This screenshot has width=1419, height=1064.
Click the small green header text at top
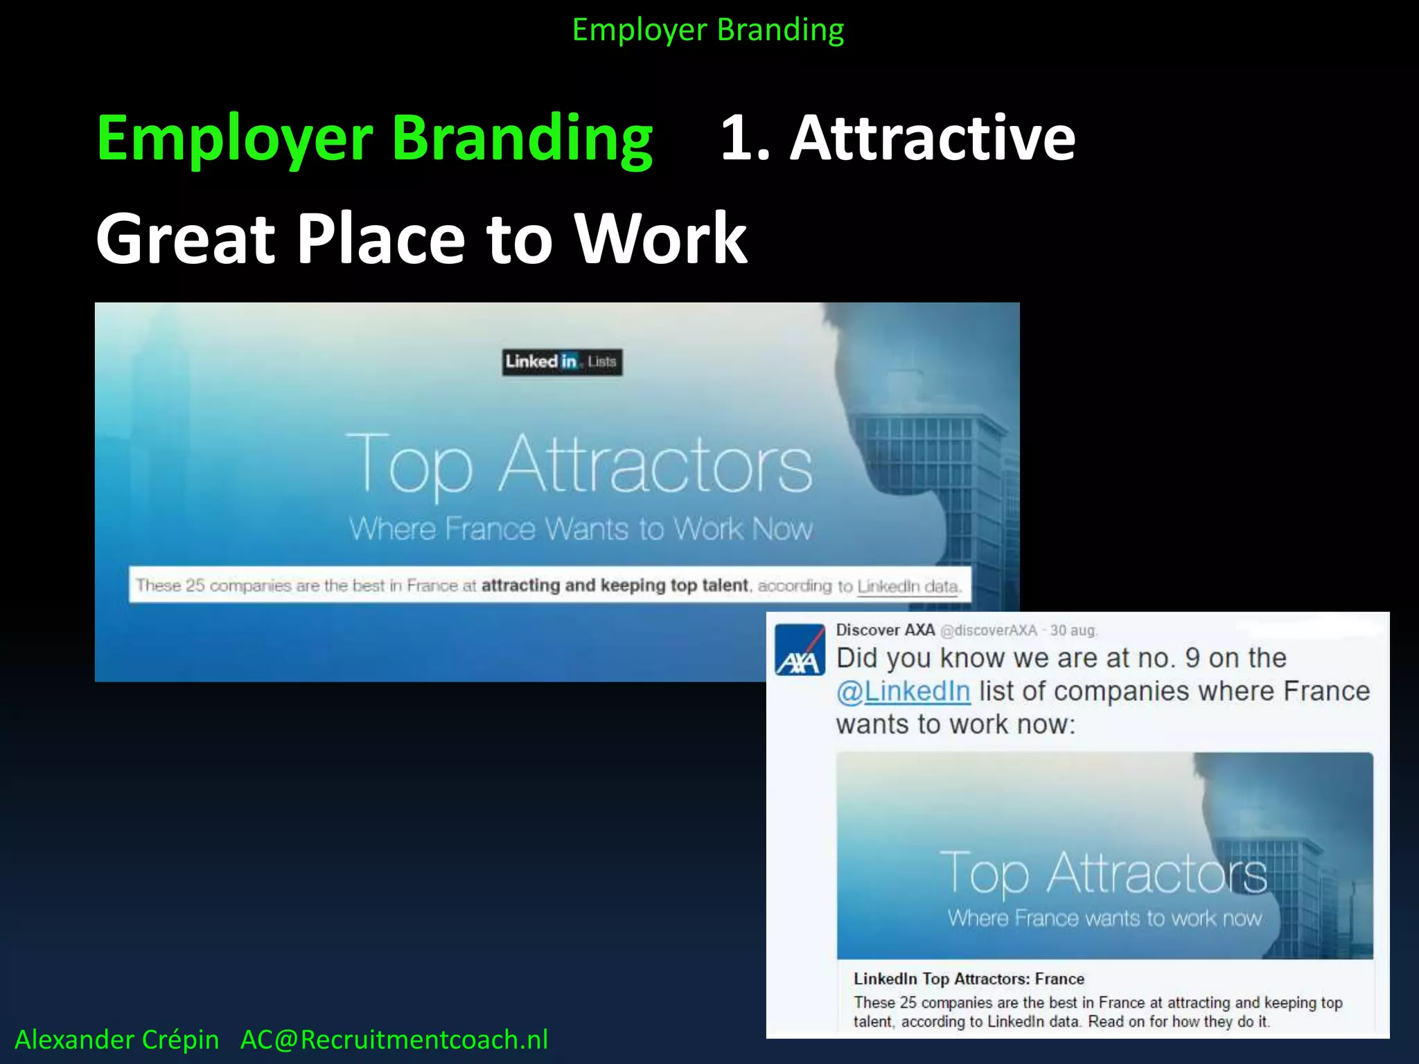click(708, 30)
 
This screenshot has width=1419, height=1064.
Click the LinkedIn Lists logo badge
click(562, 362)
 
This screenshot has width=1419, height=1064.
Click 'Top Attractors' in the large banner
click(579, 464)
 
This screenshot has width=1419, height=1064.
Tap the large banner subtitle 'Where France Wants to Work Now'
click(581, 529)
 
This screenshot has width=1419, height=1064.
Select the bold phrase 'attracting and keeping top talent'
click(615, 585)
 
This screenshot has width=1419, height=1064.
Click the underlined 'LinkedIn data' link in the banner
click(908, 586)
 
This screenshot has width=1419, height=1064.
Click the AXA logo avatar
click(800, 650)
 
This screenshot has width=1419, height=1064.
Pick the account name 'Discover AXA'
click(885, 630)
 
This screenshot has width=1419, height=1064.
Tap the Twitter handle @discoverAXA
click(989, 630)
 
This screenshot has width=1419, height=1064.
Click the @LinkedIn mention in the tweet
click(904, 691)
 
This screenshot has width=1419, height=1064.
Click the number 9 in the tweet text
click(1192, 658)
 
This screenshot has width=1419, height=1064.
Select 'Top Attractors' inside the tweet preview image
click(1103, 873)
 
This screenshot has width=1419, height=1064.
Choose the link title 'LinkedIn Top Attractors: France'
click(969, 979)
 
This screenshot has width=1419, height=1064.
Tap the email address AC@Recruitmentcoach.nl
click(394, 1040)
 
